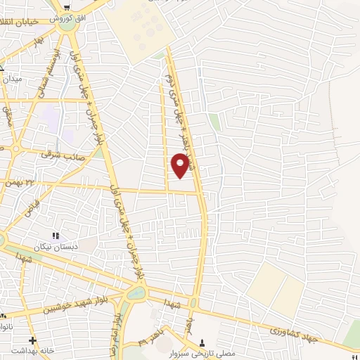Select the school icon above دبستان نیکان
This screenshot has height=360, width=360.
point(56,236)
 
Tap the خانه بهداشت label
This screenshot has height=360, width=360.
point(31,349)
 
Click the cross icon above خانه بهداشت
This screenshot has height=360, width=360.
point(32,339)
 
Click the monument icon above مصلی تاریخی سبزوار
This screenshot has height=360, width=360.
point(204,342)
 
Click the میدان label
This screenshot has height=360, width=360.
point(13,79)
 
